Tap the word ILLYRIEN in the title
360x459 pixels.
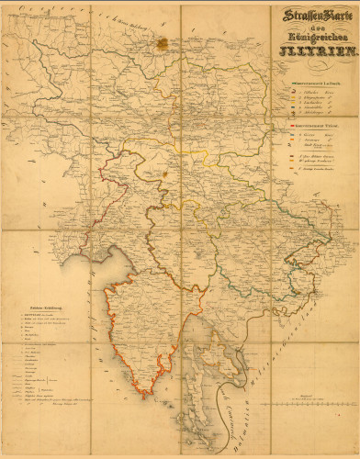point(310,51)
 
